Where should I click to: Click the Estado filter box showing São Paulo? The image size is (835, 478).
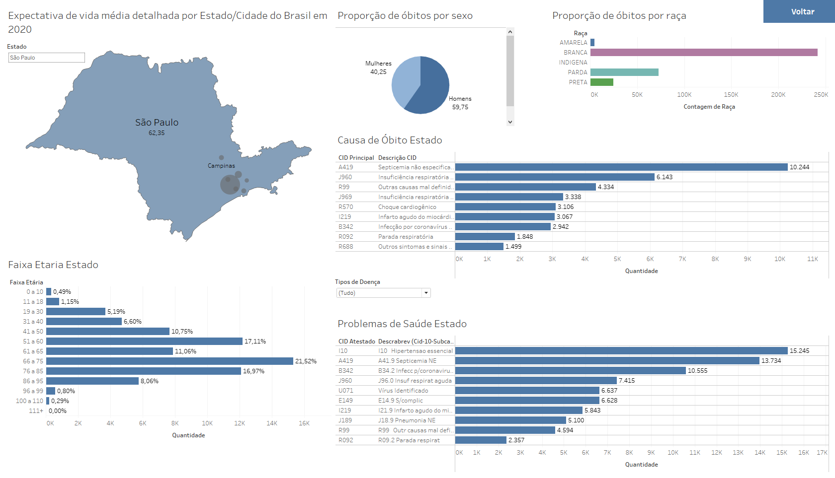[x=46, y=58]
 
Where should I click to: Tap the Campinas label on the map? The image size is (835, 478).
[x=221, y=166]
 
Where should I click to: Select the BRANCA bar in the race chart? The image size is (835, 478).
[x=703, y=53]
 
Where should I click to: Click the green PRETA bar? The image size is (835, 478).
[x=601, y=82]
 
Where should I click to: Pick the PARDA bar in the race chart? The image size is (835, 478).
[x=624, y=72]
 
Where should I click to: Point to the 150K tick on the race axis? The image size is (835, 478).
[x=731, y=95]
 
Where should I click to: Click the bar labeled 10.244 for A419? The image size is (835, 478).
[x=621, y=167]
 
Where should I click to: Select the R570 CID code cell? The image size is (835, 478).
[x=346, y=207]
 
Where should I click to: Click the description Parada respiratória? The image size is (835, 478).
[x=406, y=237]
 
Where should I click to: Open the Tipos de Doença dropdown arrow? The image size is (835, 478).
[x=426, y=293]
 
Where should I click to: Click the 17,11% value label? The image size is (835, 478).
[x=255, y=341]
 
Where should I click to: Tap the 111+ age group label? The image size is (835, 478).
[x=36, y=411]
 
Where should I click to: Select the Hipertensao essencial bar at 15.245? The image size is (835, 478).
[x=621, y=351]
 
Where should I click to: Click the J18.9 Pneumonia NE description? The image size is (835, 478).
[x=407, y=420]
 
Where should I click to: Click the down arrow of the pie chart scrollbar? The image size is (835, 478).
[x=510, y=122]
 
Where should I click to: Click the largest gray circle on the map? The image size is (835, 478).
[x=230, y=185]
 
